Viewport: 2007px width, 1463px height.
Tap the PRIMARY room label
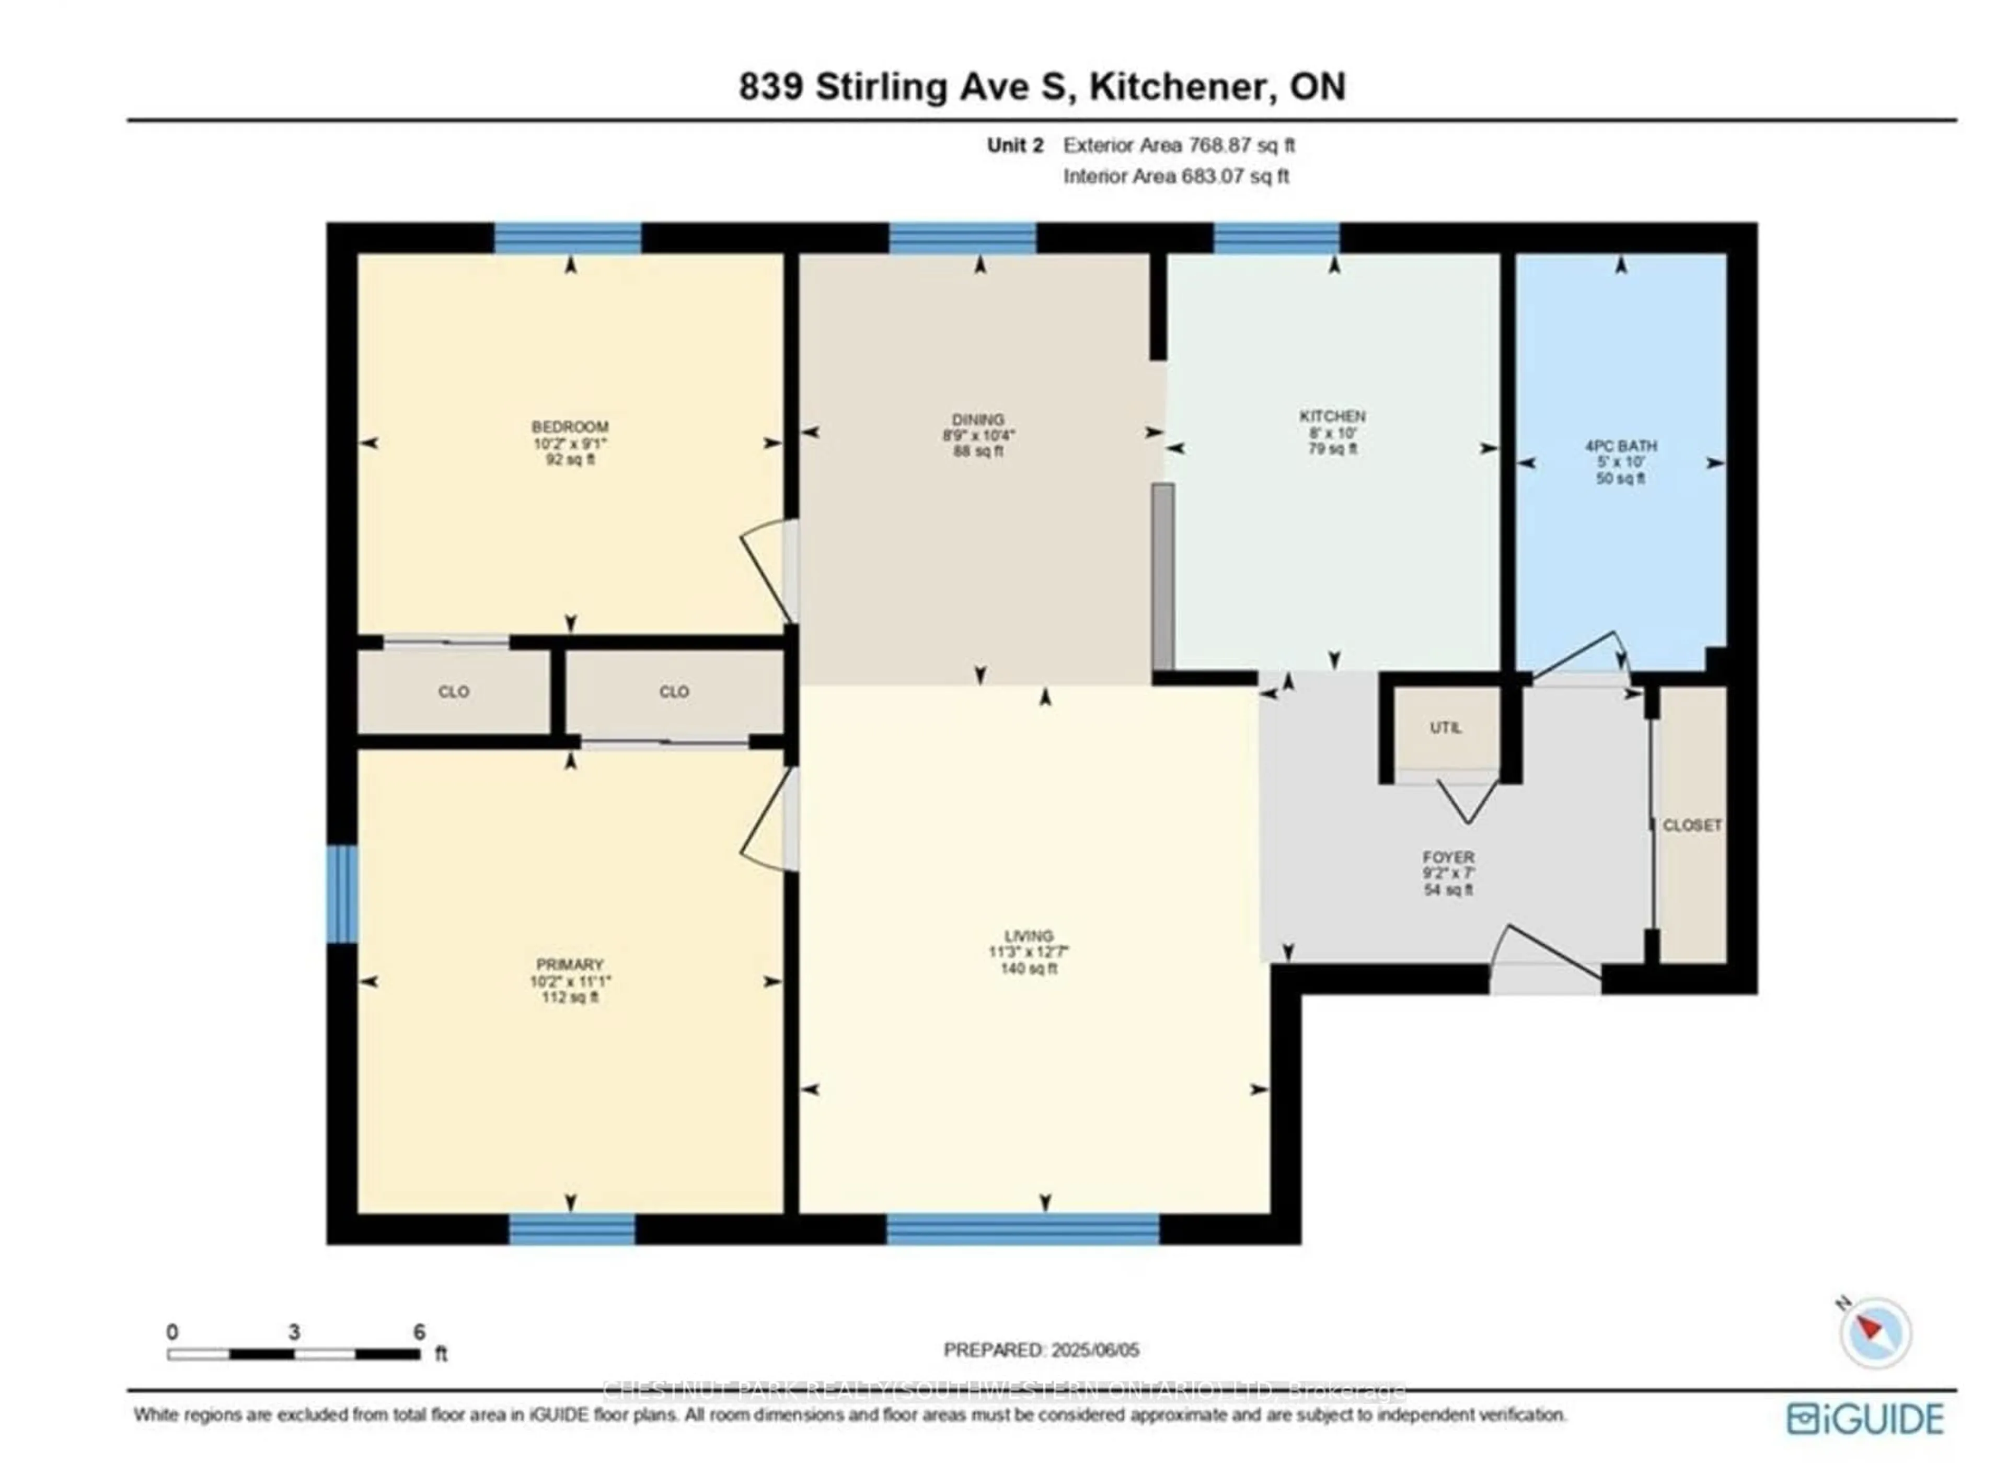(x=570, y=965)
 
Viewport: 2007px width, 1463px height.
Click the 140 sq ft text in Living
(x=1028, y=969)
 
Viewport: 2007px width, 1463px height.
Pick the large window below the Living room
(x=1022, y=1228)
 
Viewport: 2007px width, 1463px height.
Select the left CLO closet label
(x=454, y=692)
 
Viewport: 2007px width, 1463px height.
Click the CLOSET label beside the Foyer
(x=1691, y=826)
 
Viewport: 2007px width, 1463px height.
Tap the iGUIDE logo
(x=1865, y=1418)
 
